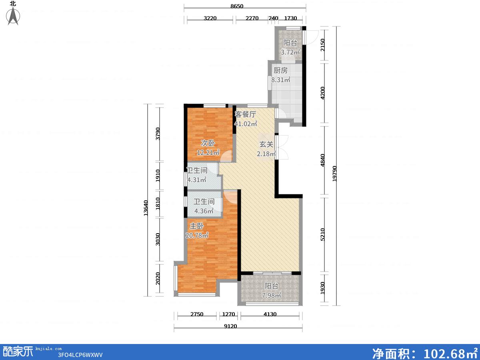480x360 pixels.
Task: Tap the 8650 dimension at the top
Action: pyautogui.click(x=237, y=6)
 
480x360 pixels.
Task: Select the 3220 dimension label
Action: pyautogui.click(x=210, y=18)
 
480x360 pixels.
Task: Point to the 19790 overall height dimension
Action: pyautogui.click(x=334, y=174)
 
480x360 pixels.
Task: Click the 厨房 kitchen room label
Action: pyautogui.click(x=280, y=70)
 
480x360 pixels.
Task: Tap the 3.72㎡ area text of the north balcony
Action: pyautogui.click(x=290, y=52)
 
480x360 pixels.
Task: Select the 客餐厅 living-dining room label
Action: pyautogui.click(x=245, y=114)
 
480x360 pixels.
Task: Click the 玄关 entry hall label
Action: pyautogui.click(x=266, y=144)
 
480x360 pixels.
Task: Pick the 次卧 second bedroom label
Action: pyautogui.click(x=208, y=143)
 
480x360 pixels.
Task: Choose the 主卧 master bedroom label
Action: pyautogui.click(x=197, y=226)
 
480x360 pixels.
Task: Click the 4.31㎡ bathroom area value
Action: pyautogui.click(x=197, y=180)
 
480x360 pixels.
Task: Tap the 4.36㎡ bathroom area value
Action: pyautogui.click(x=204, y=211)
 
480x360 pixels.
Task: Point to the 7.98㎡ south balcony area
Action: pyautogui.click(x=271, y=295)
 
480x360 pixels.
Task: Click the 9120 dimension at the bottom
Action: pyautogui.click(x=230, y=326)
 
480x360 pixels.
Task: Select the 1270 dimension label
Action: pyautogui.click(x=228, y=314)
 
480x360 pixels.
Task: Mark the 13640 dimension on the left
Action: pyautogui.click(x=146, y=208)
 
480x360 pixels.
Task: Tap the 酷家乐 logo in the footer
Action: pyautogui.click(x=18, y=351)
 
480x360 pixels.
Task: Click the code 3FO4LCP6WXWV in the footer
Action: pyautogui.click(x=80, y=355)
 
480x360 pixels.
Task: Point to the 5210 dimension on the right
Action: pyautogui.click(x=322, y=234)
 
